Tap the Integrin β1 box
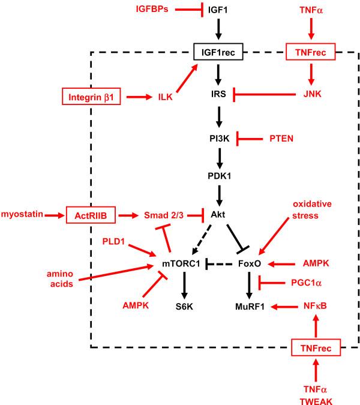91,96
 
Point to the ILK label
166,96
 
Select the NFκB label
316,306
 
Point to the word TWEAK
316,395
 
